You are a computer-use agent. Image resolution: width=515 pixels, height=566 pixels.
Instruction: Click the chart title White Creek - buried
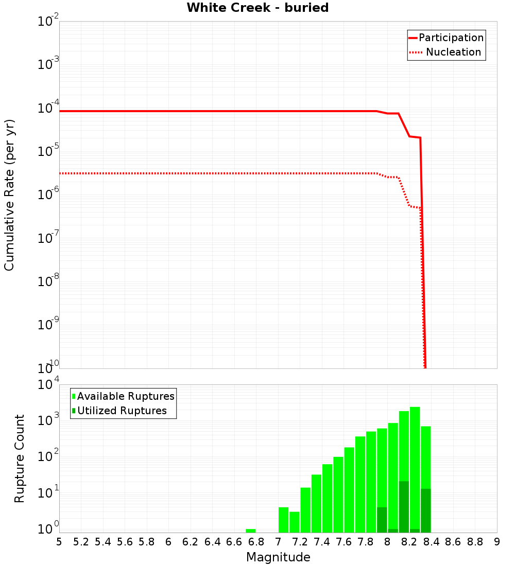tap(257, 8)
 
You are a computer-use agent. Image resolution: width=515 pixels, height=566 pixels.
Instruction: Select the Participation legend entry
tap(451, 38)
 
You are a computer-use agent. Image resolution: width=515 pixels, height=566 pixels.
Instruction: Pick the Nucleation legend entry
tap(453, 52)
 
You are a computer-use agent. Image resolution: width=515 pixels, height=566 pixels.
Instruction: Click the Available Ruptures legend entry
tap(126, 396)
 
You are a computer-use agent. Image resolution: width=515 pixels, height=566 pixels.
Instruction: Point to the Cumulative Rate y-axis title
tap(9, 194)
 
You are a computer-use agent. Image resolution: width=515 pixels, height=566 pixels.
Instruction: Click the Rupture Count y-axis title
tap(20, 458)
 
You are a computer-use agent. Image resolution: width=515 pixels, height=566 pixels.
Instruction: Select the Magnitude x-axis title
tap(278, 557)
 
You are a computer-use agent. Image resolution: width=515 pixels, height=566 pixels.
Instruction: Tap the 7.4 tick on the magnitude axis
tap(322, 542)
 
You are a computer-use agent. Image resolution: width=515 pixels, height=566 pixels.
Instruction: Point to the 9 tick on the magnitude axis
tap(497, 542)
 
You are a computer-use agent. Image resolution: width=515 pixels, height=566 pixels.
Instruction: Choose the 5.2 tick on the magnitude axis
tap(81, 542)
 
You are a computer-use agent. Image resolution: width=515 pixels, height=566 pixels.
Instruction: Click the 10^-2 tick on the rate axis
tap(48, 22)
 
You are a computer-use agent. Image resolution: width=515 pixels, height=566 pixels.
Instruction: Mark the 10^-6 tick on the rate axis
tap(48, 195)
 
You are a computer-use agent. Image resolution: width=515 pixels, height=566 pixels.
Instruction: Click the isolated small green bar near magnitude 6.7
tap(251, 530)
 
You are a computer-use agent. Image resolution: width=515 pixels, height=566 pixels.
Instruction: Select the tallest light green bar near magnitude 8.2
tap(415, 453)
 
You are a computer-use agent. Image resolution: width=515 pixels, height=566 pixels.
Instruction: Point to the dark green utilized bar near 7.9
tap(382, 520)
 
